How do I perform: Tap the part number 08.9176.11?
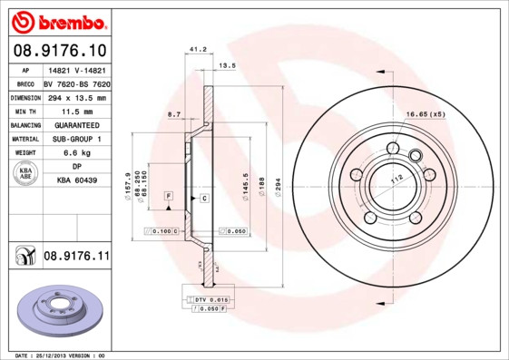coord(76,258)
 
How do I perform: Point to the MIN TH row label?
coord(26,110)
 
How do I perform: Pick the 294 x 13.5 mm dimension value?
coord(76,96)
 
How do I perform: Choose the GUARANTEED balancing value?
coord(76,124)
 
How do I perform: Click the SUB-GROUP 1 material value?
coord(76,139)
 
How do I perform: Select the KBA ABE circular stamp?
coord(26,174)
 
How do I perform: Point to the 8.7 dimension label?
coord(174,113)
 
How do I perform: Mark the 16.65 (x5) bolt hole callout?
coord(425,114)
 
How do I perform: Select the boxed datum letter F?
coord(168,196)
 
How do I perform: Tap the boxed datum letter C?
coord(204,197)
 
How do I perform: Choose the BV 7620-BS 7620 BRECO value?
coord(76,83)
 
